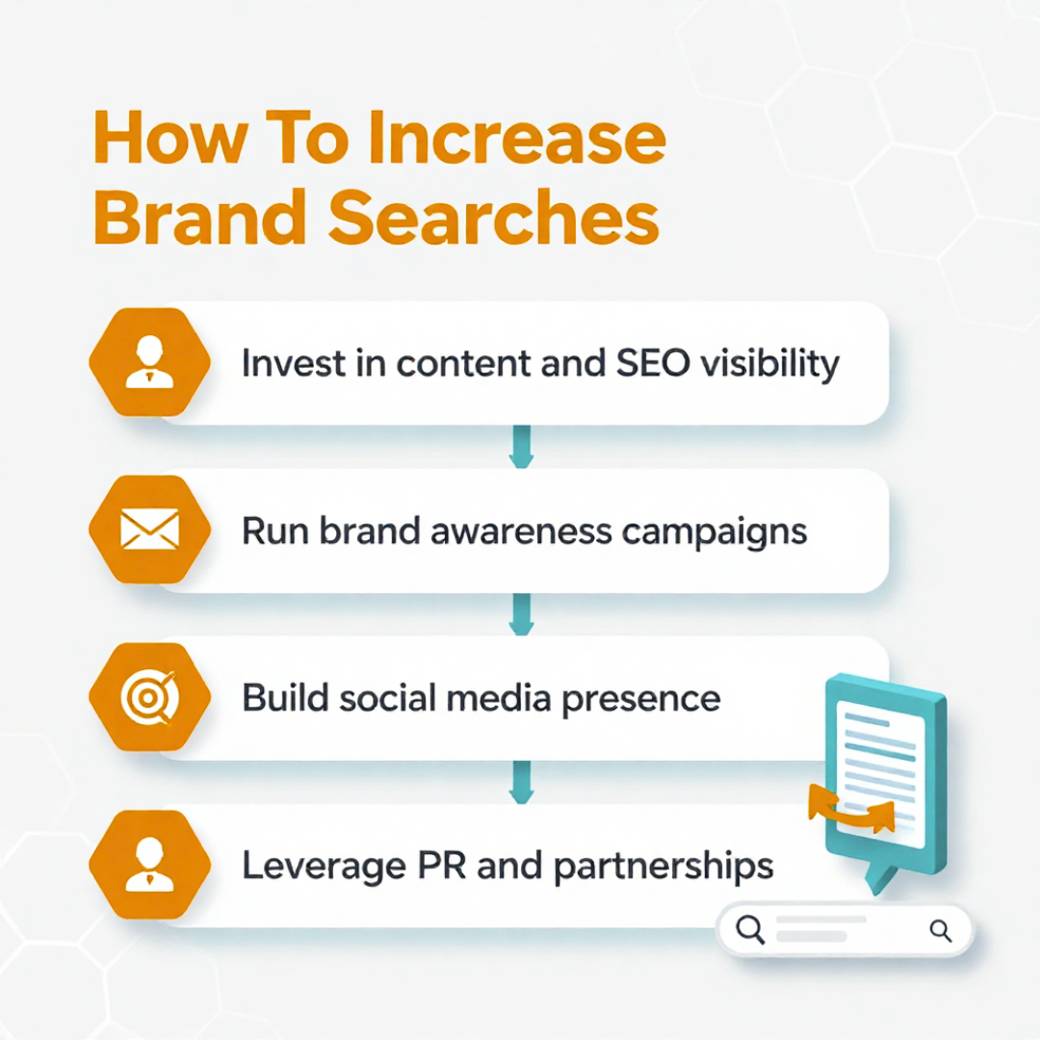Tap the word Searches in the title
[493, 218]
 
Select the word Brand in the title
[199, 217]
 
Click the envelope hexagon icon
[150, 530]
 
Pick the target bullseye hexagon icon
[150, 697]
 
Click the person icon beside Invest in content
[150, 362]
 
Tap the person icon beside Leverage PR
[150, 864]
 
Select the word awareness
[521, 532]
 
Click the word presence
[640, 700]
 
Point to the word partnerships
[663, 867]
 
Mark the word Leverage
[324, 867]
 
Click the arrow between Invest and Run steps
[521, 447]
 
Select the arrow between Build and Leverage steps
[521, 782]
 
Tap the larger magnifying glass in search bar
[750, 928]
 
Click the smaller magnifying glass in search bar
[940, 930]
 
